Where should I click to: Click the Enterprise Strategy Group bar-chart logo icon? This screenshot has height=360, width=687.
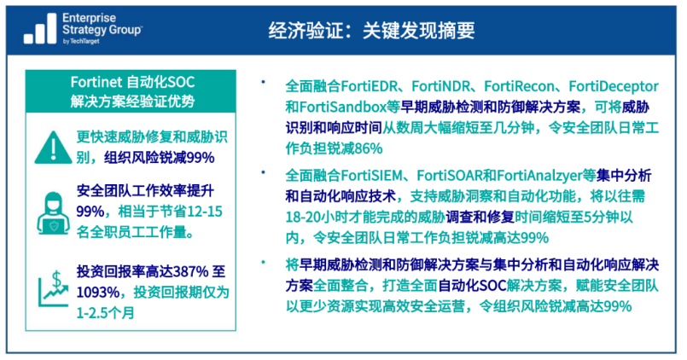[x=40, y=28]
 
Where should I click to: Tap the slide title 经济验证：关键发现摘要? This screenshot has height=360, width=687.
[x=371, y=31]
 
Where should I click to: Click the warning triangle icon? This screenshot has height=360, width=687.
[x=53, y=148]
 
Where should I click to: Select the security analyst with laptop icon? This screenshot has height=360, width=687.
[x=53, y=213]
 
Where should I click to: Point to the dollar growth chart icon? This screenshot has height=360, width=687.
[x=54, y=288]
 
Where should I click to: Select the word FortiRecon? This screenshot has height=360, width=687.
[x=519, y=86]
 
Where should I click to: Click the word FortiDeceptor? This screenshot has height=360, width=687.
[x=614, y=86]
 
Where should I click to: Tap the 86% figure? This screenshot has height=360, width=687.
[x=369, y=148]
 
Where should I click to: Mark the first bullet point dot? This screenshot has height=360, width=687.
[x=264, y=81]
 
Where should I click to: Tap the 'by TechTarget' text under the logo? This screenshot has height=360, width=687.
[x=81, y=41]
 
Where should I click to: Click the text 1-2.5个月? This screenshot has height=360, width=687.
[x=105, y=313]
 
